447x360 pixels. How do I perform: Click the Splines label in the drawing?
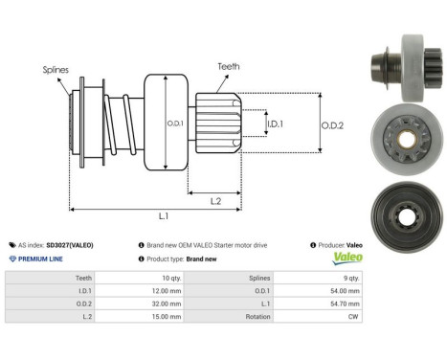pyautogui.click(x=55, y=69)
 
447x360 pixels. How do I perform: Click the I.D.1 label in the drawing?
pyautogui.click(x=274, y=124)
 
